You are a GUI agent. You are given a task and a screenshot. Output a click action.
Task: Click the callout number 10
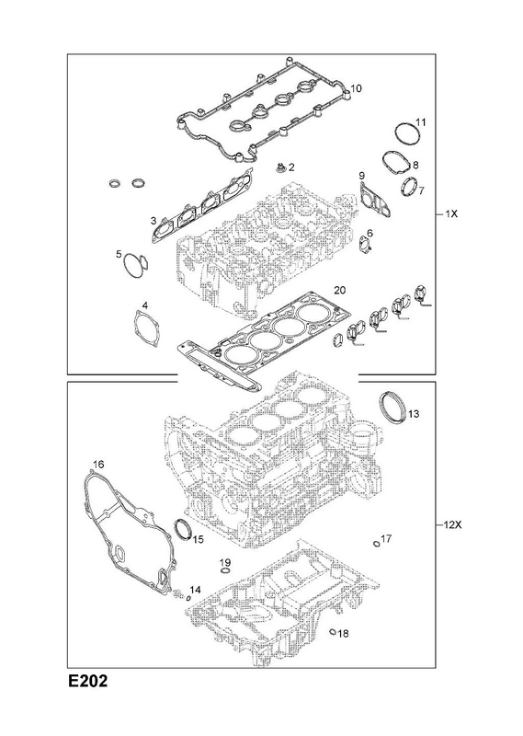coord(356,88)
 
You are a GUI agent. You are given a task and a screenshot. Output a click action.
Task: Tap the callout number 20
coord(339,290)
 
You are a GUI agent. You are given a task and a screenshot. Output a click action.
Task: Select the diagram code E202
coord(87,681)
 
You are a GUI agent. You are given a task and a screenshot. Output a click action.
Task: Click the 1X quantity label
coord(451,213)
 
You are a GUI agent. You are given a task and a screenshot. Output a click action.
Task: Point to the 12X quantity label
coord(452,524)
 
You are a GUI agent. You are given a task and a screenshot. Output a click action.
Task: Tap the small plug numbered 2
coord(280,167)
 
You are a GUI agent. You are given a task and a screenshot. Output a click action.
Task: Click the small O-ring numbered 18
coord(333,631)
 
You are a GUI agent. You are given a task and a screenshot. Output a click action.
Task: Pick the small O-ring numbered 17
coord(376,544)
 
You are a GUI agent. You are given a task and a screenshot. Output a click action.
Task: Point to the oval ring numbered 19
coord(225,570)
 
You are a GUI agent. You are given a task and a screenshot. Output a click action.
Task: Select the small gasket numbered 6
coord(366,245)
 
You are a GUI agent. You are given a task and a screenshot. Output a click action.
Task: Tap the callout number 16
coord(98,465)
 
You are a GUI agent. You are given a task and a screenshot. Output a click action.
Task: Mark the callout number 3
coord(153,220)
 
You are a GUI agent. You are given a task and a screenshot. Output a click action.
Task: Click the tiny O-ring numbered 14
coord(188,598)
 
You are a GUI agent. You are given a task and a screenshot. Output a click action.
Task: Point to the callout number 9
coord(361,176)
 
